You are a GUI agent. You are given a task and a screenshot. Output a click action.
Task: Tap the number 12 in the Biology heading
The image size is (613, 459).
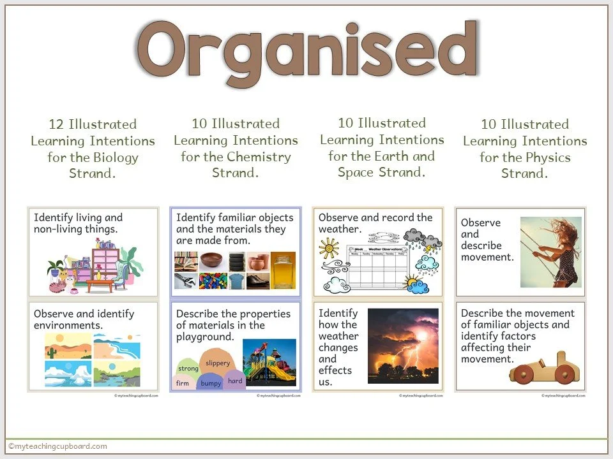(56, 124)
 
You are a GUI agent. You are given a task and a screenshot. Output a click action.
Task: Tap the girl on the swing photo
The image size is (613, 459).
(550, 252)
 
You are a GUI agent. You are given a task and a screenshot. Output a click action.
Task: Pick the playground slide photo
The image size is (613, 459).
(269, 361)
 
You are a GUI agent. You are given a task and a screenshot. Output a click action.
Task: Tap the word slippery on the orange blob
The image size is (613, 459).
(218, 363)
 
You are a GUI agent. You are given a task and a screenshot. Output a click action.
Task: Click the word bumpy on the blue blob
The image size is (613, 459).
(210, 383)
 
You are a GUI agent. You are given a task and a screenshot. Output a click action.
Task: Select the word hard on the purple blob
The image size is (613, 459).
(235, 381)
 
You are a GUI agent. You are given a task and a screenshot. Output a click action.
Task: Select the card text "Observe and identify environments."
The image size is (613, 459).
(84, 319)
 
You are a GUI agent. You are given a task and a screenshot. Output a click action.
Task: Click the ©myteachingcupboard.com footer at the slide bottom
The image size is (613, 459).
(57, 446)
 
